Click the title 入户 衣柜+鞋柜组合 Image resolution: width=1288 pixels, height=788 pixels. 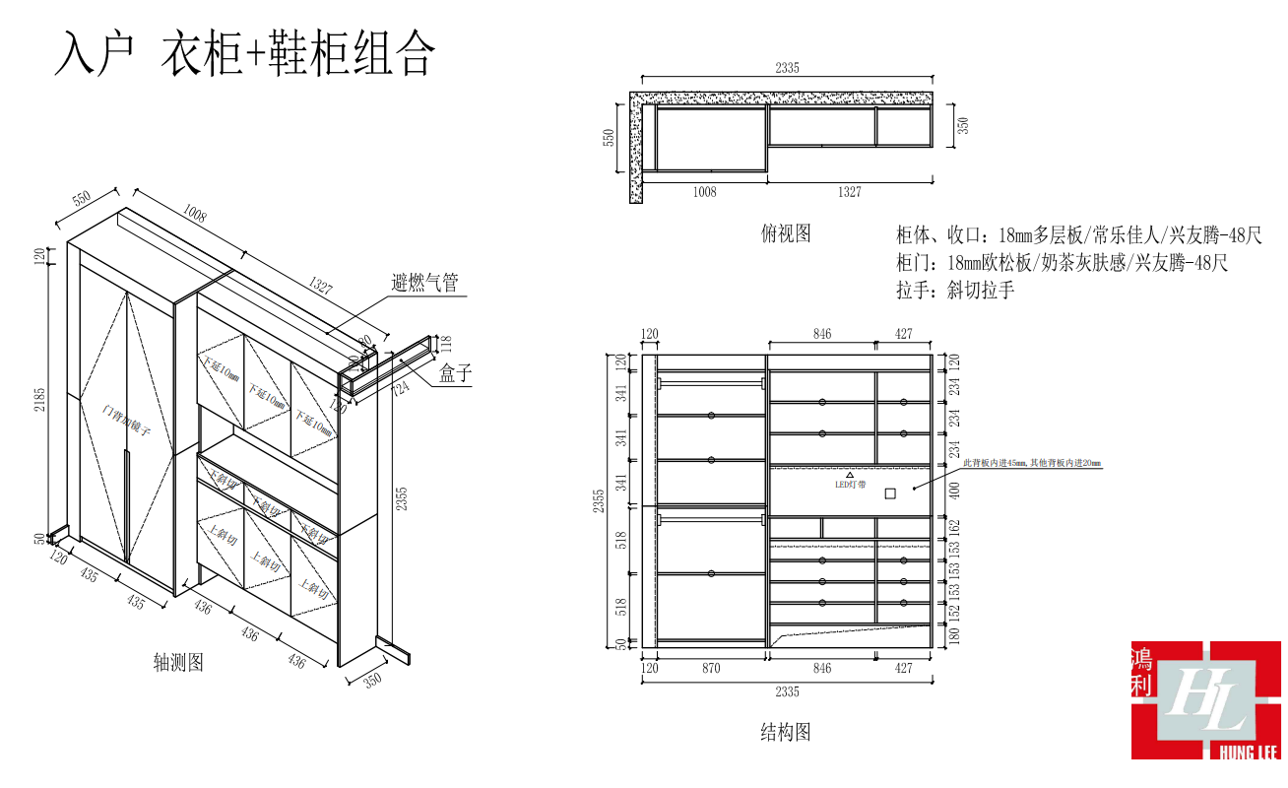[244, 54]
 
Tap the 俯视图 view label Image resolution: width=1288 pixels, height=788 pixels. [786, 232]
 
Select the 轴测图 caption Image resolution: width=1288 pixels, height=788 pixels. [178, 662]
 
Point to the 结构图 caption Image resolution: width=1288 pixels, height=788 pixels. [786, 732]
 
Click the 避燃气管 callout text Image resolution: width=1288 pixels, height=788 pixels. [424, 283]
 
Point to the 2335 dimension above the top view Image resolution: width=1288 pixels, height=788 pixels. [787, 68]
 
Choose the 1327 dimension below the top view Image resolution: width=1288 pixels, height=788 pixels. [849, 192]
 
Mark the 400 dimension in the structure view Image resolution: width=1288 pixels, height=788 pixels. [953, 490]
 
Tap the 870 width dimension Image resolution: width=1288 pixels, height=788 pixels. [711, 669]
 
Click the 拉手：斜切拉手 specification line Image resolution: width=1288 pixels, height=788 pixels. [954, 290]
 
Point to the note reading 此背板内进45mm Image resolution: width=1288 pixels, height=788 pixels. [996, 462]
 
